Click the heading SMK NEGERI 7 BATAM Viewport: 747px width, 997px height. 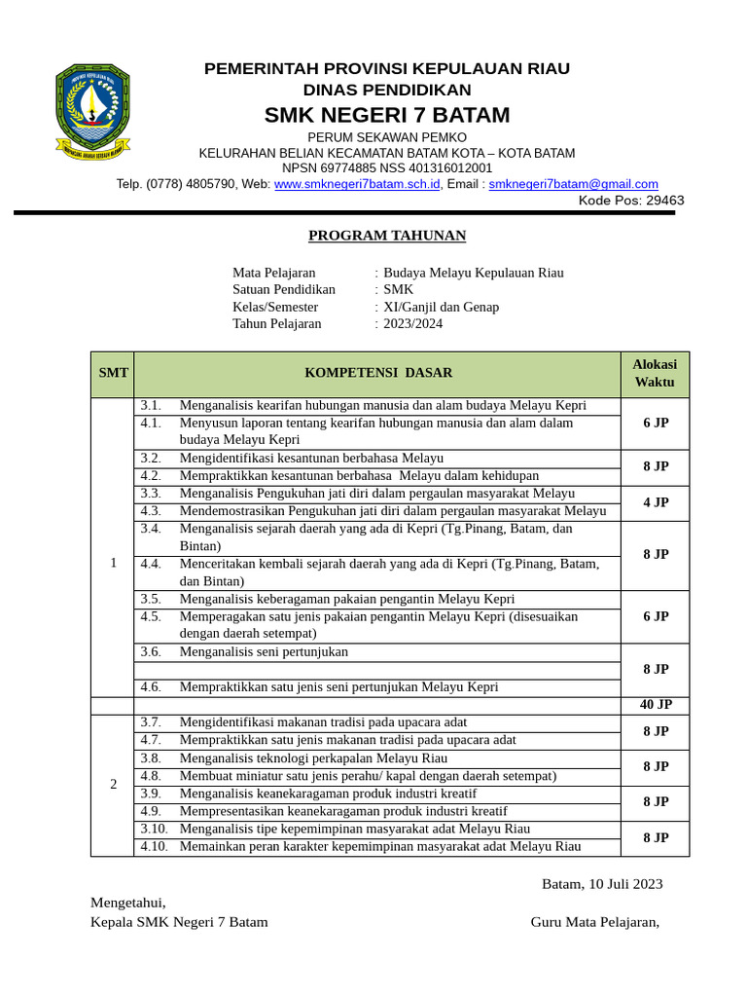(387, 115)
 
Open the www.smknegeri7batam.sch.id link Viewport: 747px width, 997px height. (357, 184)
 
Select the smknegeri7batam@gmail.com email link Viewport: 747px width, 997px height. (573, 184)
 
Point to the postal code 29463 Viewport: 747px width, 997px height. (665, 201)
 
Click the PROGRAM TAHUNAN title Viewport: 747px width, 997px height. (387, 236)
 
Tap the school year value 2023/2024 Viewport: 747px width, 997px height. (412, 323)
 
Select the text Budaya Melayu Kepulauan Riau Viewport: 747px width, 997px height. (473, 273)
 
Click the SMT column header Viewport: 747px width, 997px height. (113, 373)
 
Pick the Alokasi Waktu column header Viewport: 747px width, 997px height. (655, 373)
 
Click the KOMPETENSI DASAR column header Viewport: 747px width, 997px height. (378, 373)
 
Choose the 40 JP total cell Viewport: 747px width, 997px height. (655, 705)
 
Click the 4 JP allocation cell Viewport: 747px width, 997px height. (655, 502)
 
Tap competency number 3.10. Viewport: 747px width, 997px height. (154, 829)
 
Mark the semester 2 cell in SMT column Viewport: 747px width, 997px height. (113, 785)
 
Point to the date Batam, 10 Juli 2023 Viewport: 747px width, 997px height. (602, 884)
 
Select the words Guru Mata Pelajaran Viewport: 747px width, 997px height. (594, 922)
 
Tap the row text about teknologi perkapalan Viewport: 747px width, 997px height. (313, 757)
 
